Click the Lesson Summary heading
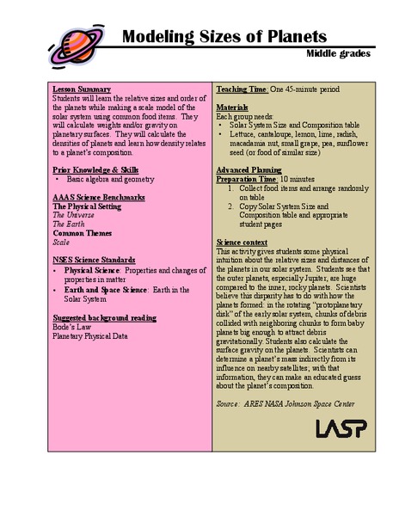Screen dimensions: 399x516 [82, 89]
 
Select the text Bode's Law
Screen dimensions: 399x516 [70, 327]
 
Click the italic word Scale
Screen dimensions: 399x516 [62, 242]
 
